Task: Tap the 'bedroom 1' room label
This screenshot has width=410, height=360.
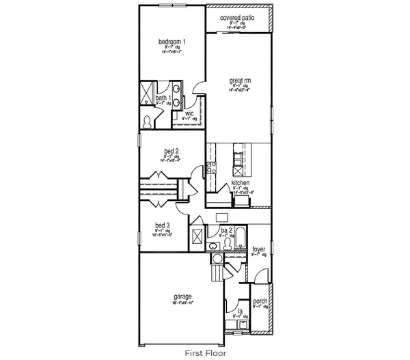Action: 172,41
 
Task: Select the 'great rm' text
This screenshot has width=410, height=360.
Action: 238,81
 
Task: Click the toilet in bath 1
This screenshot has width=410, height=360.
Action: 149,120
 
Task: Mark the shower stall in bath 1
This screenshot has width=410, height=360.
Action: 148,93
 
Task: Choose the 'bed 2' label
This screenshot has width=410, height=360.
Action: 172,151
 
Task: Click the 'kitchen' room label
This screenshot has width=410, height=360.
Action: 241,184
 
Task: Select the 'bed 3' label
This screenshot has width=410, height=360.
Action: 162,225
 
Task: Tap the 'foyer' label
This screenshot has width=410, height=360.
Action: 259,249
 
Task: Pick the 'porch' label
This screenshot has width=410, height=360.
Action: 260,301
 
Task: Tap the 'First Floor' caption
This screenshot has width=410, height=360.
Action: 205,353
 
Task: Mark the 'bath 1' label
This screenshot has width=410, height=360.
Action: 163,98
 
